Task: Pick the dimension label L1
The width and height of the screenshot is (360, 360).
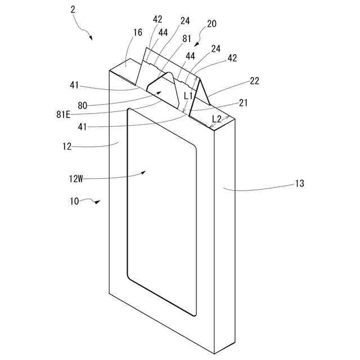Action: (x=188, y=96)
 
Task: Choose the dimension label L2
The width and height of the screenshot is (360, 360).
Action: (x=216, y=119)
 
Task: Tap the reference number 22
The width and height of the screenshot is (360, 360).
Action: (x=254, y=81)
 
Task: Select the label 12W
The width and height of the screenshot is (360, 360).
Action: (x=76, y=179)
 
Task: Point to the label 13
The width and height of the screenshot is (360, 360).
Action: (x=299, y=183)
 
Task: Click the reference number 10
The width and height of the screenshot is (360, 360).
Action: (x=75, y=202)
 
